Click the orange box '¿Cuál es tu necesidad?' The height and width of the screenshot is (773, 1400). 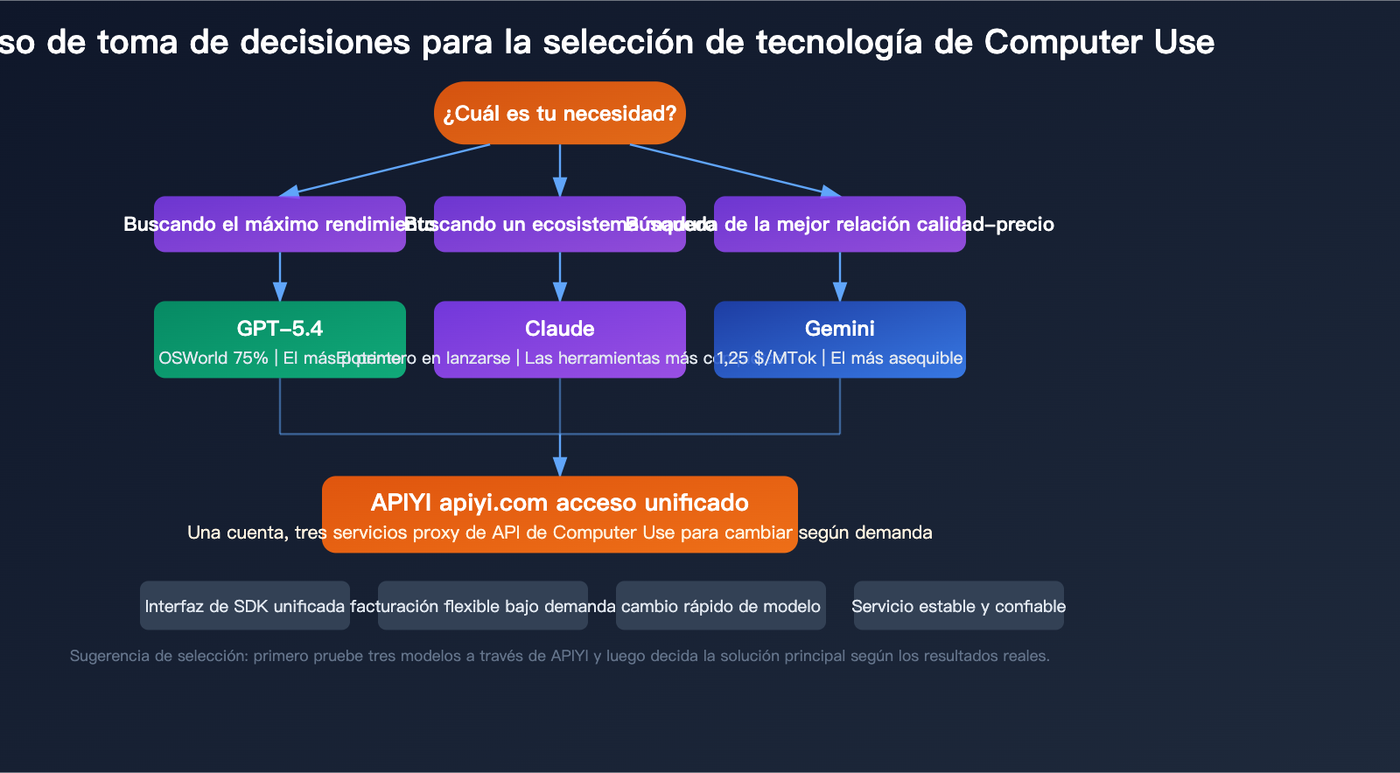click(560, 114)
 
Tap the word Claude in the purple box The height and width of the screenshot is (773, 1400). click(560, 329)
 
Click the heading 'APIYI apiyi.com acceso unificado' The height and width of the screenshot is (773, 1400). click(560, 503)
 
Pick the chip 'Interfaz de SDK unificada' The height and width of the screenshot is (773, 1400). click(245, 606)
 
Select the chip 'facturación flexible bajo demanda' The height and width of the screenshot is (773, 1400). click(483, 606)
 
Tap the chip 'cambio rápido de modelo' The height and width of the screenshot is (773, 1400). click(721, 606)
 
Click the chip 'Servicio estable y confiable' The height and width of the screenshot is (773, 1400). click(959, 606)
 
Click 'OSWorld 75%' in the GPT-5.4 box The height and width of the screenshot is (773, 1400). click(213, 359)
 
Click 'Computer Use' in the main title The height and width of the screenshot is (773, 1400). click(1099, 42)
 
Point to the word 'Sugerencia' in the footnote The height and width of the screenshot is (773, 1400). click(109, 656)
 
